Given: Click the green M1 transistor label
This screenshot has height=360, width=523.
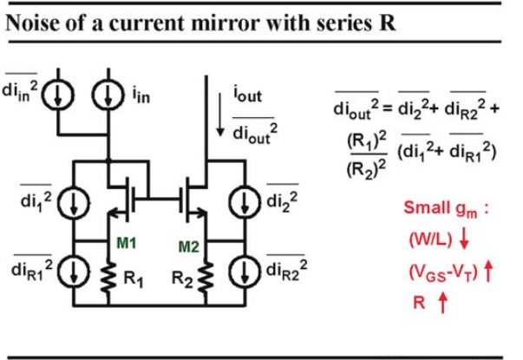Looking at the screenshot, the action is pyautogui.click(x=127, y=243).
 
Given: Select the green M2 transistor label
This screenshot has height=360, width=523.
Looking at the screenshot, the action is pyautogui.click(x=189, y=247).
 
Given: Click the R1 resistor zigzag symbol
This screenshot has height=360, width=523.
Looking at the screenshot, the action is pyautogui.click(x=108, y=278).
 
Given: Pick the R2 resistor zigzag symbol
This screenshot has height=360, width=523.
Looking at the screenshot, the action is pyautogui.click(x=206, y=278).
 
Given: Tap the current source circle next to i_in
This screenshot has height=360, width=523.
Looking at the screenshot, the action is pyautogui.click(x=108, y=95).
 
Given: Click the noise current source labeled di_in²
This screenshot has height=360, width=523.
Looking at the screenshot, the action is pyautogui.click(x=58, y=95).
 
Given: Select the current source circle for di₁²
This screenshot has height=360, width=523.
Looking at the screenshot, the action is pyautogui.click(x=74, y=203).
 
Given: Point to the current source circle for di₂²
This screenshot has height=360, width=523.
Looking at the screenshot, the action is pyautogui.click(x=245, y=202).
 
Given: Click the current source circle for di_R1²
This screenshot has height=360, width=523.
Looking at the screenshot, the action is pyautogui.click(x=74, y=271).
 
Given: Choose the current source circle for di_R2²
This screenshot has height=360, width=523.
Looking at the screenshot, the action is pyautogui.click(x=245, y=271).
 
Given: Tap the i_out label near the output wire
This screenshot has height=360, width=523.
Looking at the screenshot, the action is pyautogui.click(x=247, y=95).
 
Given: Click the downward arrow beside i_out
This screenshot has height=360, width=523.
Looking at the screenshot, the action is pyautogui.click(x=219, y=115).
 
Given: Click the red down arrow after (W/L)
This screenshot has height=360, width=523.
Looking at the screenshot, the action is pyautogui.click(x=464, y=239).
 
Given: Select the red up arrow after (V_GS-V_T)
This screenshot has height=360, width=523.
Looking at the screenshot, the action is pyautogui.click(x=488, y=272).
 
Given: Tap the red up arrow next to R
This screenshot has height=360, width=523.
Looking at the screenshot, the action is pyautogui.click(x=442, y=303).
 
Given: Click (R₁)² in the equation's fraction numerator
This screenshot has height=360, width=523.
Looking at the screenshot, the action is pyautogui.click(x=367, y=141).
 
